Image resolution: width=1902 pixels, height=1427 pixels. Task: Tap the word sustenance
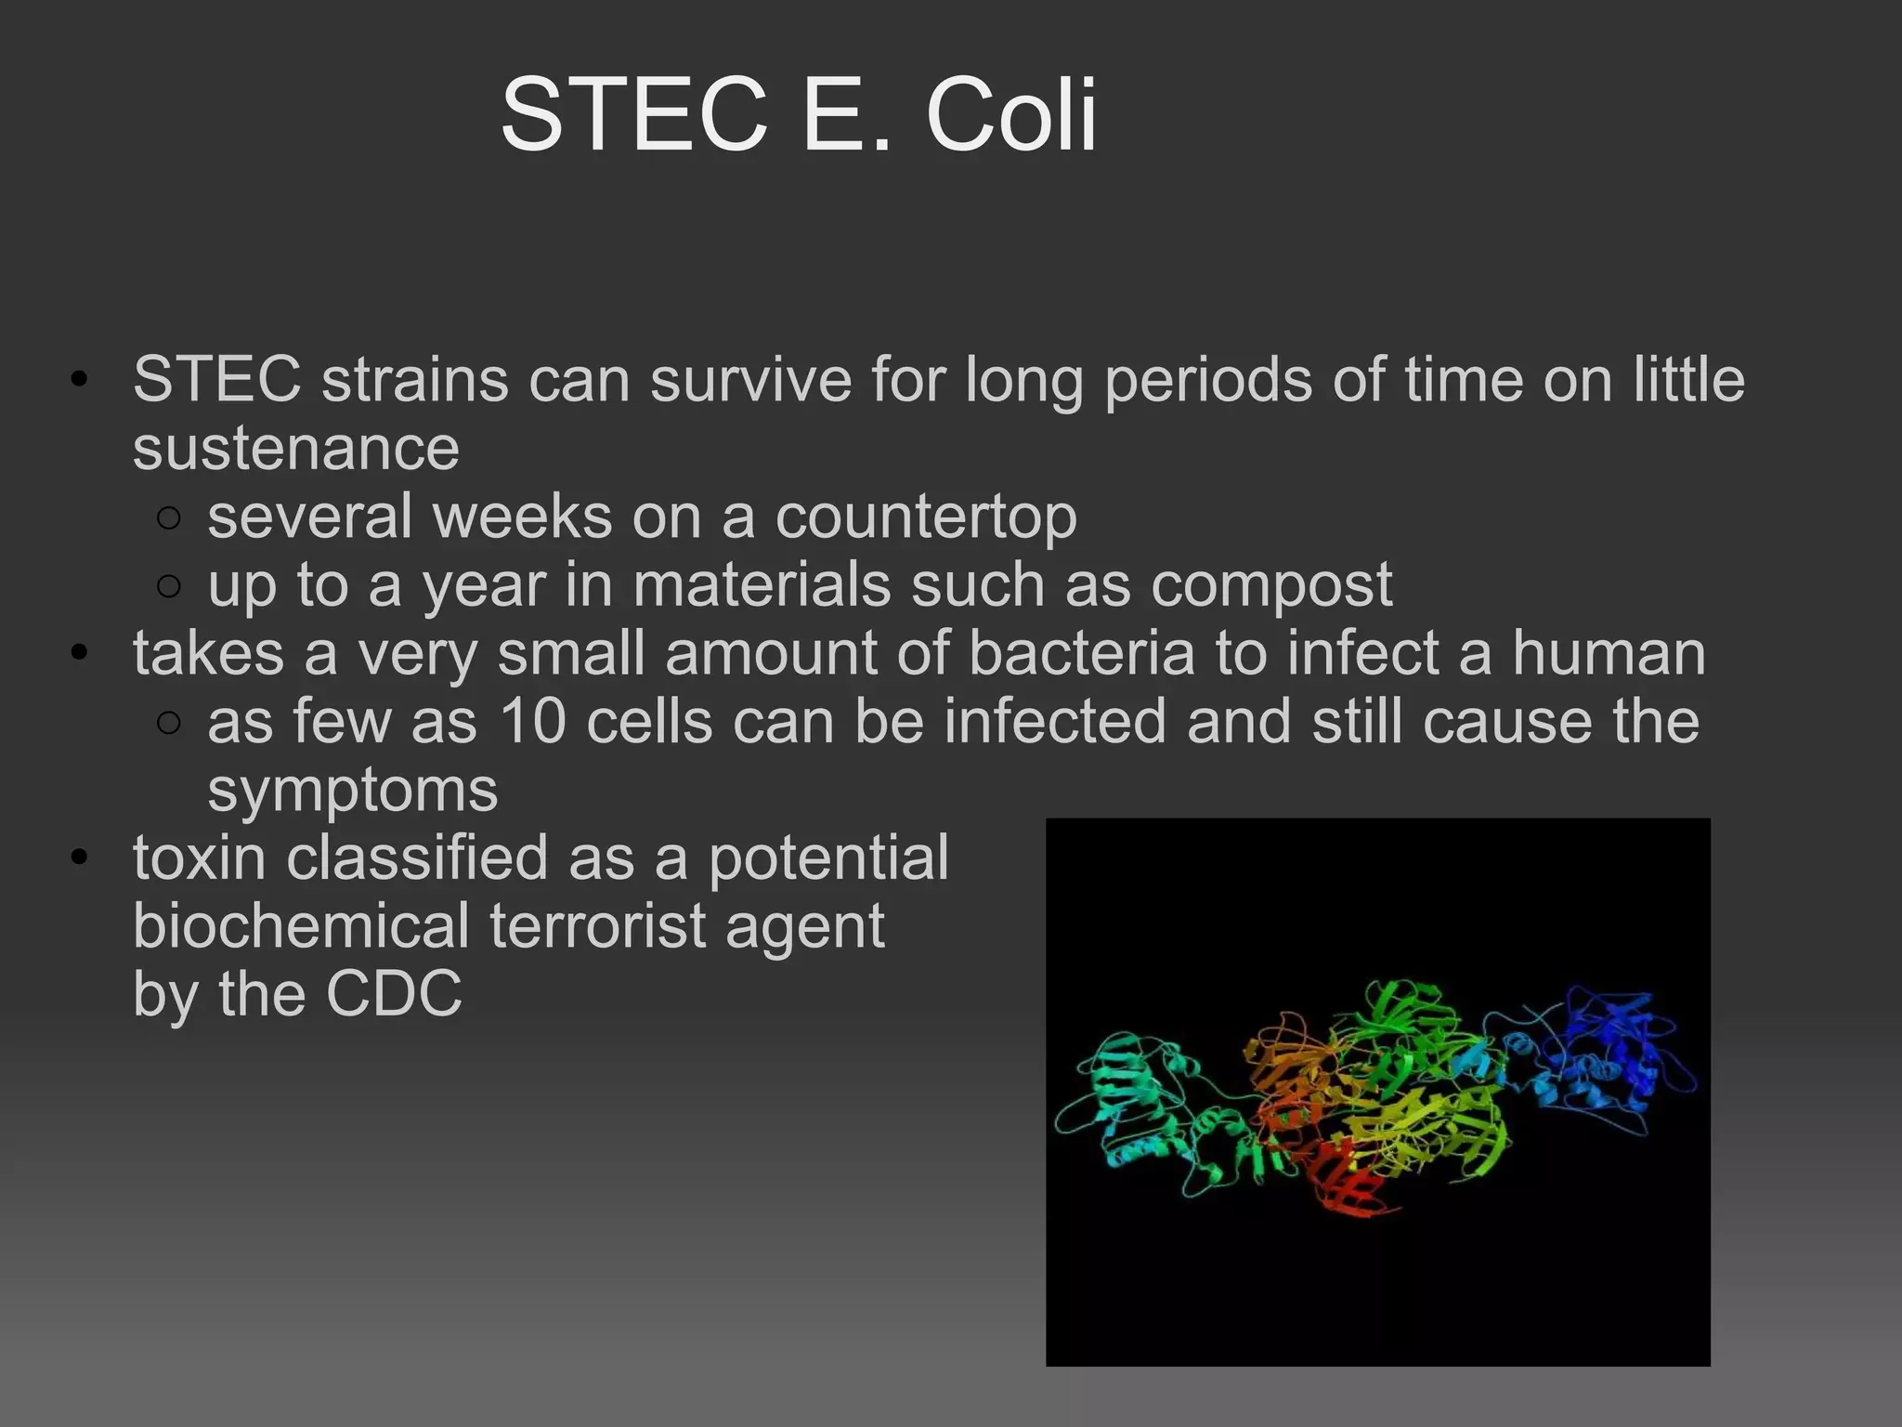click(x=295, y=449)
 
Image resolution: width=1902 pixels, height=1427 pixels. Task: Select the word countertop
click(x=926, y=517)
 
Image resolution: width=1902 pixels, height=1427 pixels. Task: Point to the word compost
click(x=1271, y=586)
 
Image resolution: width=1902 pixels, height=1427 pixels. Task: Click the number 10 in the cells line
click(x=532, y=722)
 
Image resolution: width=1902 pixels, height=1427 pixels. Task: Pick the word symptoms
click(x=352, y=791)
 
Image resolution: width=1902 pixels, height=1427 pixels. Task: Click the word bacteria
click(x=1081, y=653)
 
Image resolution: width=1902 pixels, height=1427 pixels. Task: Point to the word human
click(x=1609, y=653)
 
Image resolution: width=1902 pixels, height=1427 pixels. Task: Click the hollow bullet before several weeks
click(x=168, y=518)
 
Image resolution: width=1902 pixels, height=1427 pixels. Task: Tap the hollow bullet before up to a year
click(x=168, y=586)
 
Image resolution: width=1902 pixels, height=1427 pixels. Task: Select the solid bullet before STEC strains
click(x=80, y=380)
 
